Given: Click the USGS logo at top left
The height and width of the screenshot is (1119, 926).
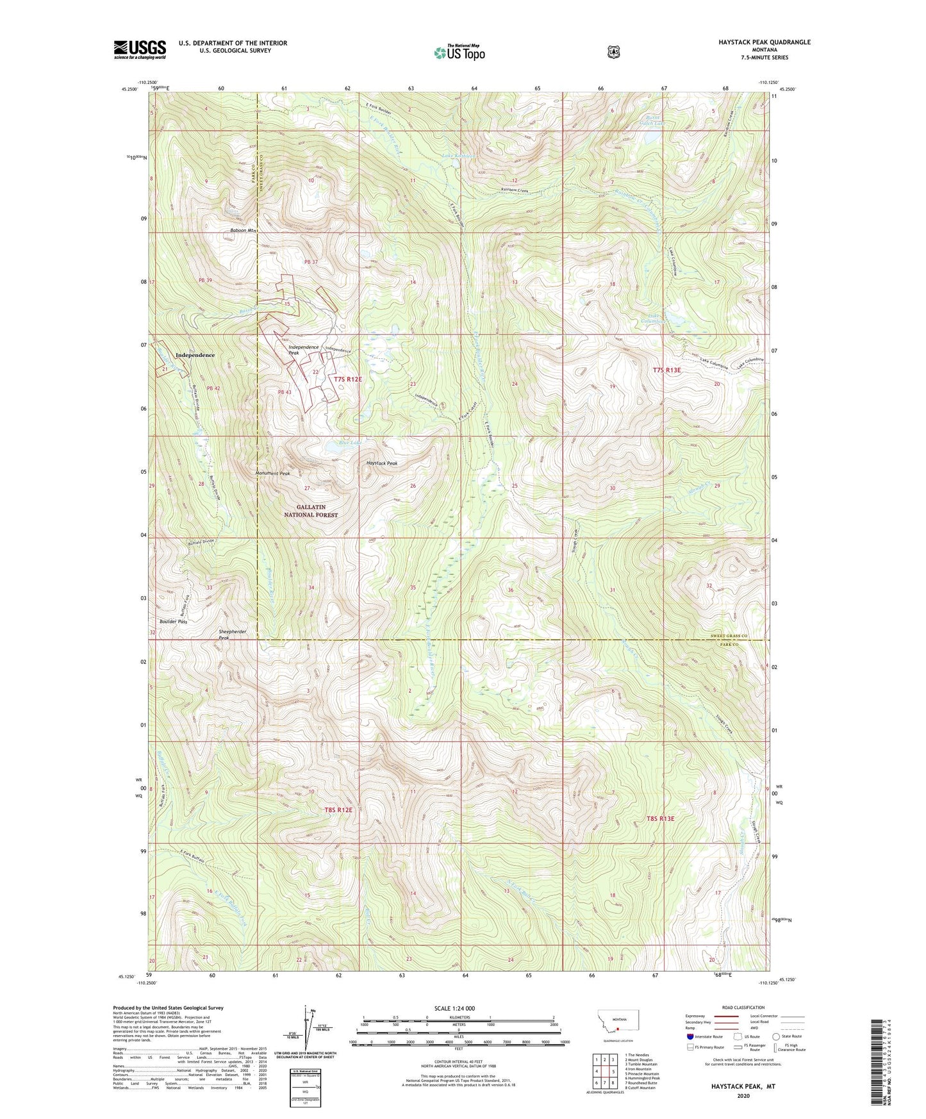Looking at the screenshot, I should pos(140,49).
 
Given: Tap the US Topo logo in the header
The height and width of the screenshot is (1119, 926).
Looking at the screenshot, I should pos(458,53).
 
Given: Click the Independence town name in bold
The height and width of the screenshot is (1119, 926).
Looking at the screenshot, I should pos(195,354).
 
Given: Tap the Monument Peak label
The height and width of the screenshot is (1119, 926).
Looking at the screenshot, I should pos(269,474).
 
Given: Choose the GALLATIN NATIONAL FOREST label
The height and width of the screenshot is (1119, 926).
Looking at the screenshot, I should pos(311,511).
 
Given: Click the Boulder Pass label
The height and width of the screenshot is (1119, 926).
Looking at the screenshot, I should pos(173,622).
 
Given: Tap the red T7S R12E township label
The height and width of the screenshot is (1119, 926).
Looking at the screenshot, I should pos(348,379).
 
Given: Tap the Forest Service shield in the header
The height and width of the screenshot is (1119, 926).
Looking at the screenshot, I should pos(614,52).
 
